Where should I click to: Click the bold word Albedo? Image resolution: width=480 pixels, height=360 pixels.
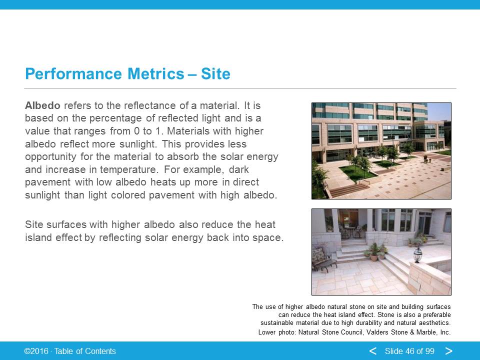(x=42, y=105)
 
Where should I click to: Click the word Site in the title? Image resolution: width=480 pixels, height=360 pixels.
(x=215, y=74)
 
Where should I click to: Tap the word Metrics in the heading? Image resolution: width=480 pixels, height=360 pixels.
(x=156, y=74)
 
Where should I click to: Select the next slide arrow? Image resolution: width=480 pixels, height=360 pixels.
(x=449, y=351)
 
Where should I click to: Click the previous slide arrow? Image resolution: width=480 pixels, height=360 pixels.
(x=372, y=351)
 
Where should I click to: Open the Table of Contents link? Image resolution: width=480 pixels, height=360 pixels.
(x=85, y=351)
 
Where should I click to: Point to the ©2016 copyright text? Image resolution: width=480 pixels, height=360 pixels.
(x=36, y=351)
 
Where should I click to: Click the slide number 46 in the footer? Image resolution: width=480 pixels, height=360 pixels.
(x=412, y=351)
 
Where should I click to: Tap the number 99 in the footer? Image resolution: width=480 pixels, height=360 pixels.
(x=430, y=351)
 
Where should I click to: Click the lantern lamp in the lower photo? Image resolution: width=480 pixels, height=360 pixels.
(x=418, y=254)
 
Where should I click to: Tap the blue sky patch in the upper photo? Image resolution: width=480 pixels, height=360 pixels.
(x=438, y=111)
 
